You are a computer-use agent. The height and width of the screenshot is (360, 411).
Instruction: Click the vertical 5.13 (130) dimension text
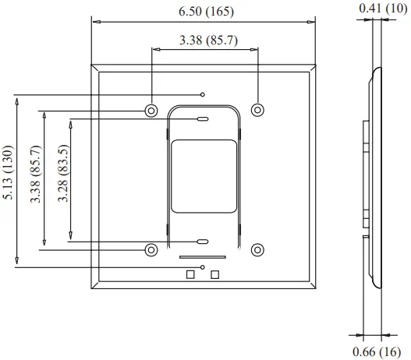[9, 174]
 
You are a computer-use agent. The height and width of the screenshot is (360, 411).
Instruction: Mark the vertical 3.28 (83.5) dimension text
[63, 176]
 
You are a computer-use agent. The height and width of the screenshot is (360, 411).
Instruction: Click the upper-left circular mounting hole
[151, 109]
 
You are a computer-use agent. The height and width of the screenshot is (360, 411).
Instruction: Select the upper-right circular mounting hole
[258, 108]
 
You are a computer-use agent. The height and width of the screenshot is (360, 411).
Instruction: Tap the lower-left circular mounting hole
[151, 249]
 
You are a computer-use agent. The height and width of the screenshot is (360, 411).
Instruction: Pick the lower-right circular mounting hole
[258, 249]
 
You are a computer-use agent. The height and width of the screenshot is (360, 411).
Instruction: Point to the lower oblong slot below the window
[202, 242]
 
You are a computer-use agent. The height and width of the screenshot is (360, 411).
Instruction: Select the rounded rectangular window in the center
[203, 175]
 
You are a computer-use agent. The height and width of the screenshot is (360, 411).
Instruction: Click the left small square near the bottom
[190, 274]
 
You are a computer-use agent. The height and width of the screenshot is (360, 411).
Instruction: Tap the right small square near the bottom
[215, 274]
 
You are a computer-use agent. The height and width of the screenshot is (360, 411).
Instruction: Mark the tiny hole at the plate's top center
[203, 94]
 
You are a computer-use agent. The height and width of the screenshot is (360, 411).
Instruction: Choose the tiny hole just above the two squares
[203, 266]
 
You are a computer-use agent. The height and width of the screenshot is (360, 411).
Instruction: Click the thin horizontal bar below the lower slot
[202, 256]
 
